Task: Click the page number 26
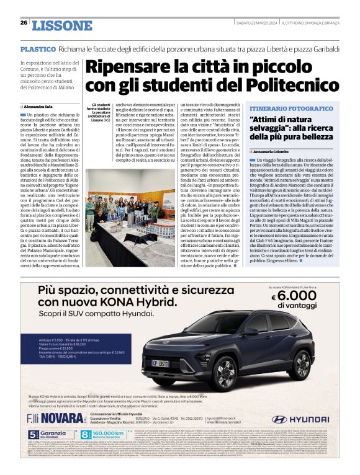24,23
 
